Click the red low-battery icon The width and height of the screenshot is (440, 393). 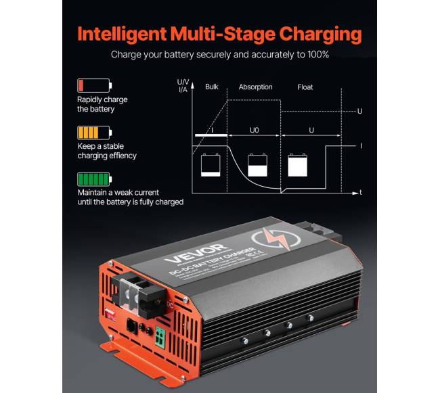pos(94,86)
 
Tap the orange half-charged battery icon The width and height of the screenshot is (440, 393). pos(94,133)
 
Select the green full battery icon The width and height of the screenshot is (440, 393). pos(94,181)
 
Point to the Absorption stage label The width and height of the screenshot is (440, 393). pos(255,87)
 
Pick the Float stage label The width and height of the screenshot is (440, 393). pos(305,87)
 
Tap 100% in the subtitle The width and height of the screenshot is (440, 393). pos(316,54)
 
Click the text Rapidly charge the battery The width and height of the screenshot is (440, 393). pos(102,104)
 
